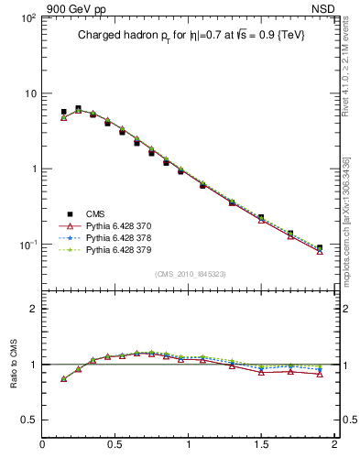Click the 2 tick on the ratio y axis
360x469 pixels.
point(33,309)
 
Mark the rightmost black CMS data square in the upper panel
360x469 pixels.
point(320,247)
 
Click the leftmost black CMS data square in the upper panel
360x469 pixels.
point(63,112)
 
